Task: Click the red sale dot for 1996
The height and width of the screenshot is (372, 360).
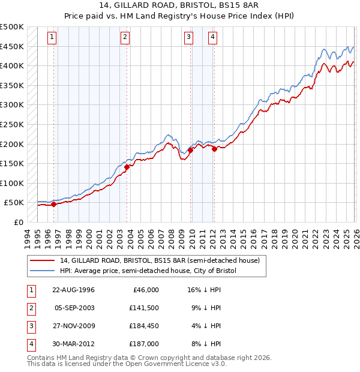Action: tap(53, 204)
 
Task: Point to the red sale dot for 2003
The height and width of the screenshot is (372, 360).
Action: tap(127, 167)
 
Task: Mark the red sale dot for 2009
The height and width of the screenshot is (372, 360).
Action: tap(190, 150)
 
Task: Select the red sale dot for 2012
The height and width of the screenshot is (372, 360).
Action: tap(214, 149)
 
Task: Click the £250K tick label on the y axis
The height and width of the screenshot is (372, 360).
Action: tap(12, 124)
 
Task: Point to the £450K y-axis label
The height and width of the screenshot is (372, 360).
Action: tap(12, 46)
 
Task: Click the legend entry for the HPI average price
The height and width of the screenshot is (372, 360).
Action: tap(148, 271)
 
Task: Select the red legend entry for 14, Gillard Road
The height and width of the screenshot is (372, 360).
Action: tap(159, 260)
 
